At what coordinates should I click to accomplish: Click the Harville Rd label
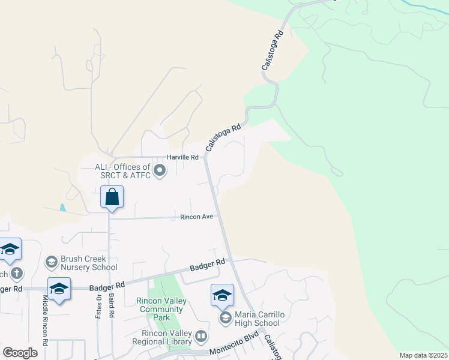pyautogui.click(x=182, y=157)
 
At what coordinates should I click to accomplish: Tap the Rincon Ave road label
pyautogui.click(x=197, y=217)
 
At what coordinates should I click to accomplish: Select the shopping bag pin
pyautogui.click(x=112, y=197)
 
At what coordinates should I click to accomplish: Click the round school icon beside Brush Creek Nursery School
pyautogui.click(x=52, y=262)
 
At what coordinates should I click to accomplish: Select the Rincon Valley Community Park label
pyautogui.click(x=160, y=305)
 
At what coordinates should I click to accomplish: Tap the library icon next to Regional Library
pyautogui.click(x=201, y=337)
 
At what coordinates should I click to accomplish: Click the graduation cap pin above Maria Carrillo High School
pyautogui.click(x=222, y=295)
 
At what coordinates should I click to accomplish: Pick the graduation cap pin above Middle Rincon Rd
pyautogui.click(x=59, y=288)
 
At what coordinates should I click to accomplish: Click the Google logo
pyautogui.click(x=20, y=353)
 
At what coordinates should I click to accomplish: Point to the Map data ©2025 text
pyautogui.click(x=423, y=355)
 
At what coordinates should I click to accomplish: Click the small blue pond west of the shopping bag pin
pyautogui.click(x=63, y=208)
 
